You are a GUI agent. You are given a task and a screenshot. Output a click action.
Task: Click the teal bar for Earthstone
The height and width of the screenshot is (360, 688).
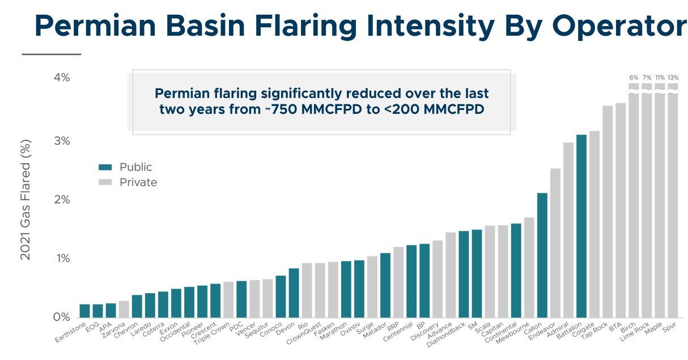point(85,311)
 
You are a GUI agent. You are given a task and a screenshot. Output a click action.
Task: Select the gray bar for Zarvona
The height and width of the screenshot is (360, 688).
point(124,309)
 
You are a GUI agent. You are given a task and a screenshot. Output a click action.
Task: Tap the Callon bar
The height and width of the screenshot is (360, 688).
point(542,255)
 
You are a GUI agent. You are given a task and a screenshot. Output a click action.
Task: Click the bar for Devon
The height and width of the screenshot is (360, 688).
point(294,293)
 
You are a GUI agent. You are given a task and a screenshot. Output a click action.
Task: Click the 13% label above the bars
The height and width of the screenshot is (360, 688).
point(673,77)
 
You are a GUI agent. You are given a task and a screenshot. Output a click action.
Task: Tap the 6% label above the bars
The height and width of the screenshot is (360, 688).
point(634,77)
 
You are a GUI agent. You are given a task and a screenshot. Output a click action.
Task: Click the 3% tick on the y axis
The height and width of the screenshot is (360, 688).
point(62,141)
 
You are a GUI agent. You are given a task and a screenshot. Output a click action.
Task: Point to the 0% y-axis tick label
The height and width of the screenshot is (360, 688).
point(62,317)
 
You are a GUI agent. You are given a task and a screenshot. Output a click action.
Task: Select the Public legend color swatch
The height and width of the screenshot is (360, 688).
point(106,167)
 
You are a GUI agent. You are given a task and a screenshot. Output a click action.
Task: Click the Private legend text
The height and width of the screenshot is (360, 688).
point(138,182)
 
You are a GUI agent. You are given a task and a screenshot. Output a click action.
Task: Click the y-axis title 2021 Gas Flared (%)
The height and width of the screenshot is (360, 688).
point(26,200)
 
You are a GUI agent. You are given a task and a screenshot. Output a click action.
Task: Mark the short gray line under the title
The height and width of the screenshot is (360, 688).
point(52,54)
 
